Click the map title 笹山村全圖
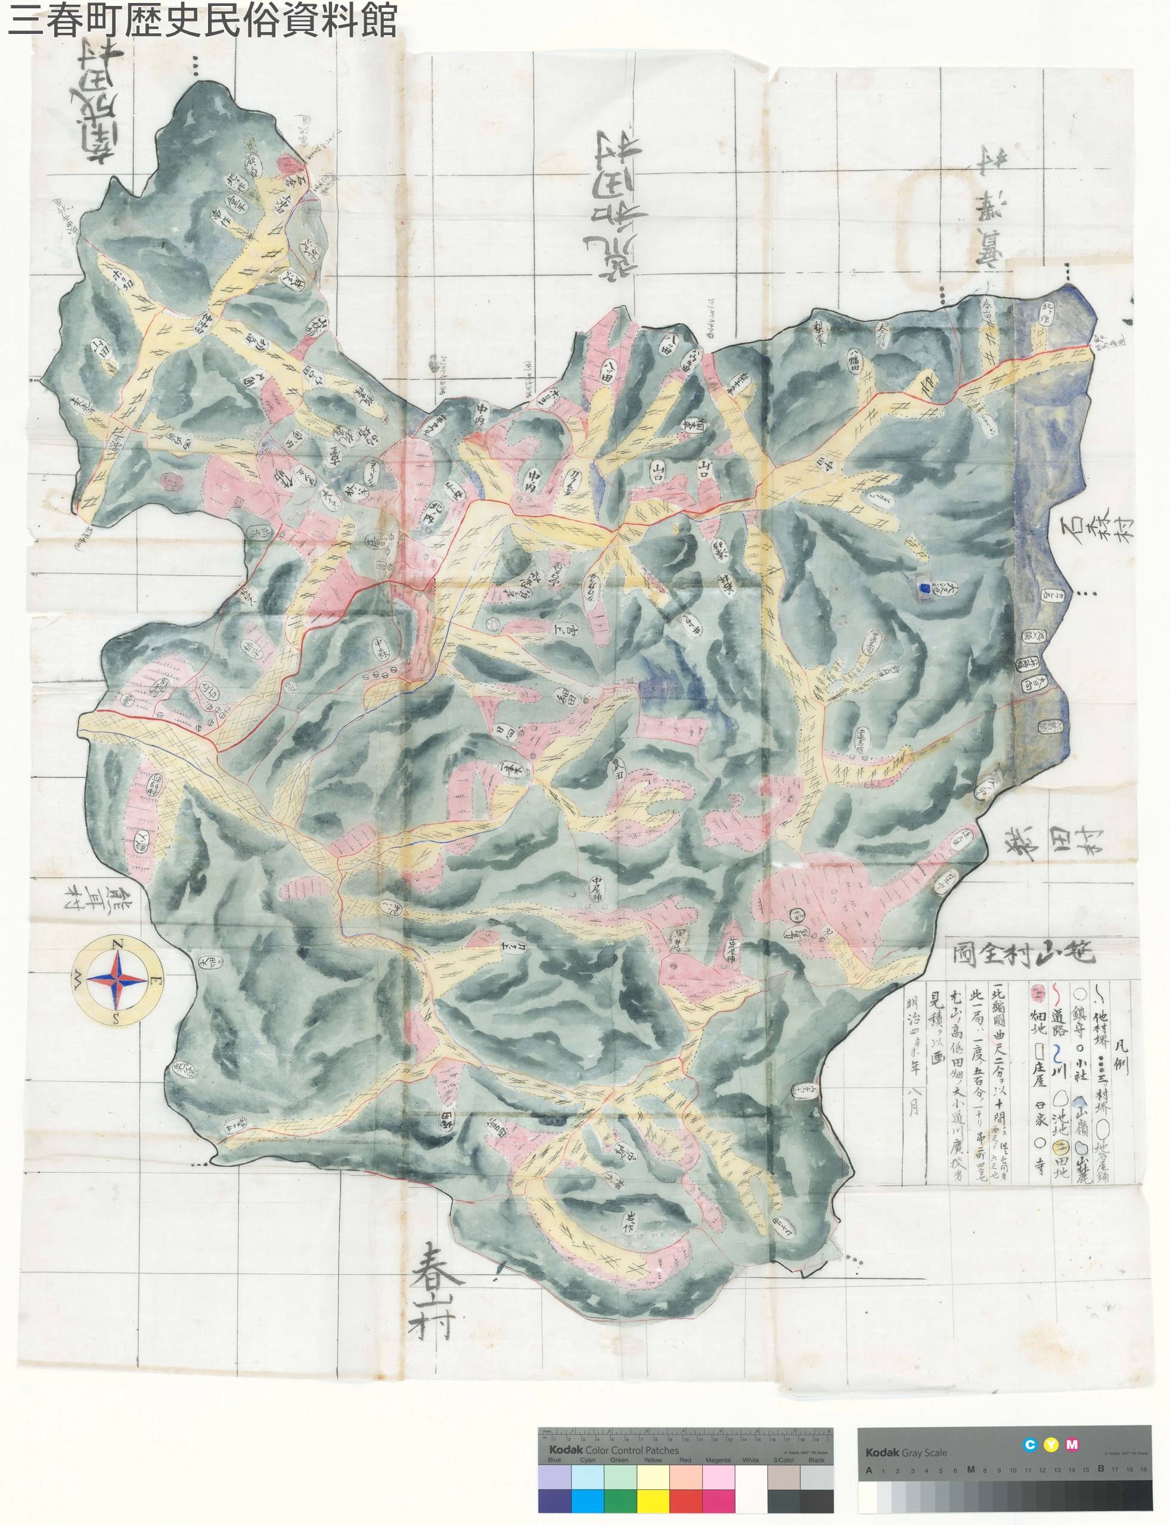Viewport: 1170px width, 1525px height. coord(1025,952)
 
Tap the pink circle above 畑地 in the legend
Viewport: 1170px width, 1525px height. coord(1037,991)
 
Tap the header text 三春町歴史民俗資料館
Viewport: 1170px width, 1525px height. coord(202,20)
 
